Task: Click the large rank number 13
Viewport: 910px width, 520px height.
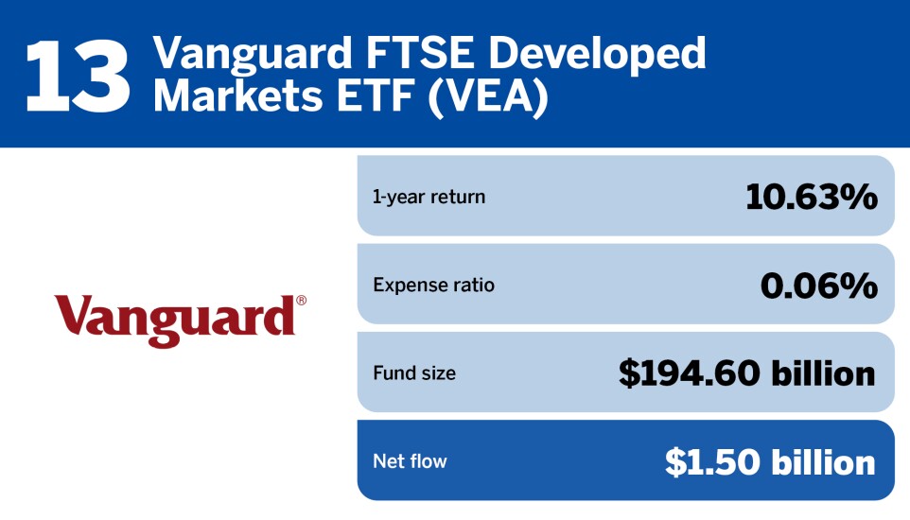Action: point(78,76)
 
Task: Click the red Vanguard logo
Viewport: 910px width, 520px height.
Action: point(175,318)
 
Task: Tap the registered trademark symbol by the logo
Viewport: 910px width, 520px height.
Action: point(301,301)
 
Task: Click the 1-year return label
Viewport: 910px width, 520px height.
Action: point(429,198)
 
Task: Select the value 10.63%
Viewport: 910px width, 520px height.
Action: point(811,197)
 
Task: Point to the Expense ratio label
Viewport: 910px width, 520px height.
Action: point(433,285)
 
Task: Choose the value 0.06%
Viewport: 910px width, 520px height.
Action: point(818,285)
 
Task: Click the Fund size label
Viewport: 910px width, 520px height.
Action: point(414,373)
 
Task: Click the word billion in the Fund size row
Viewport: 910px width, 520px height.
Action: point(823,373)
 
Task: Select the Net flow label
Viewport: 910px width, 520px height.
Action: point(410,461)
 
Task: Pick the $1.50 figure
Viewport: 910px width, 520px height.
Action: point(712,461)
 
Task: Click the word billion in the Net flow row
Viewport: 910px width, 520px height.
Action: point(823,461)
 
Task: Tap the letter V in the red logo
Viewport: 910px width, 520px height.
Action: point(72,316)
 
